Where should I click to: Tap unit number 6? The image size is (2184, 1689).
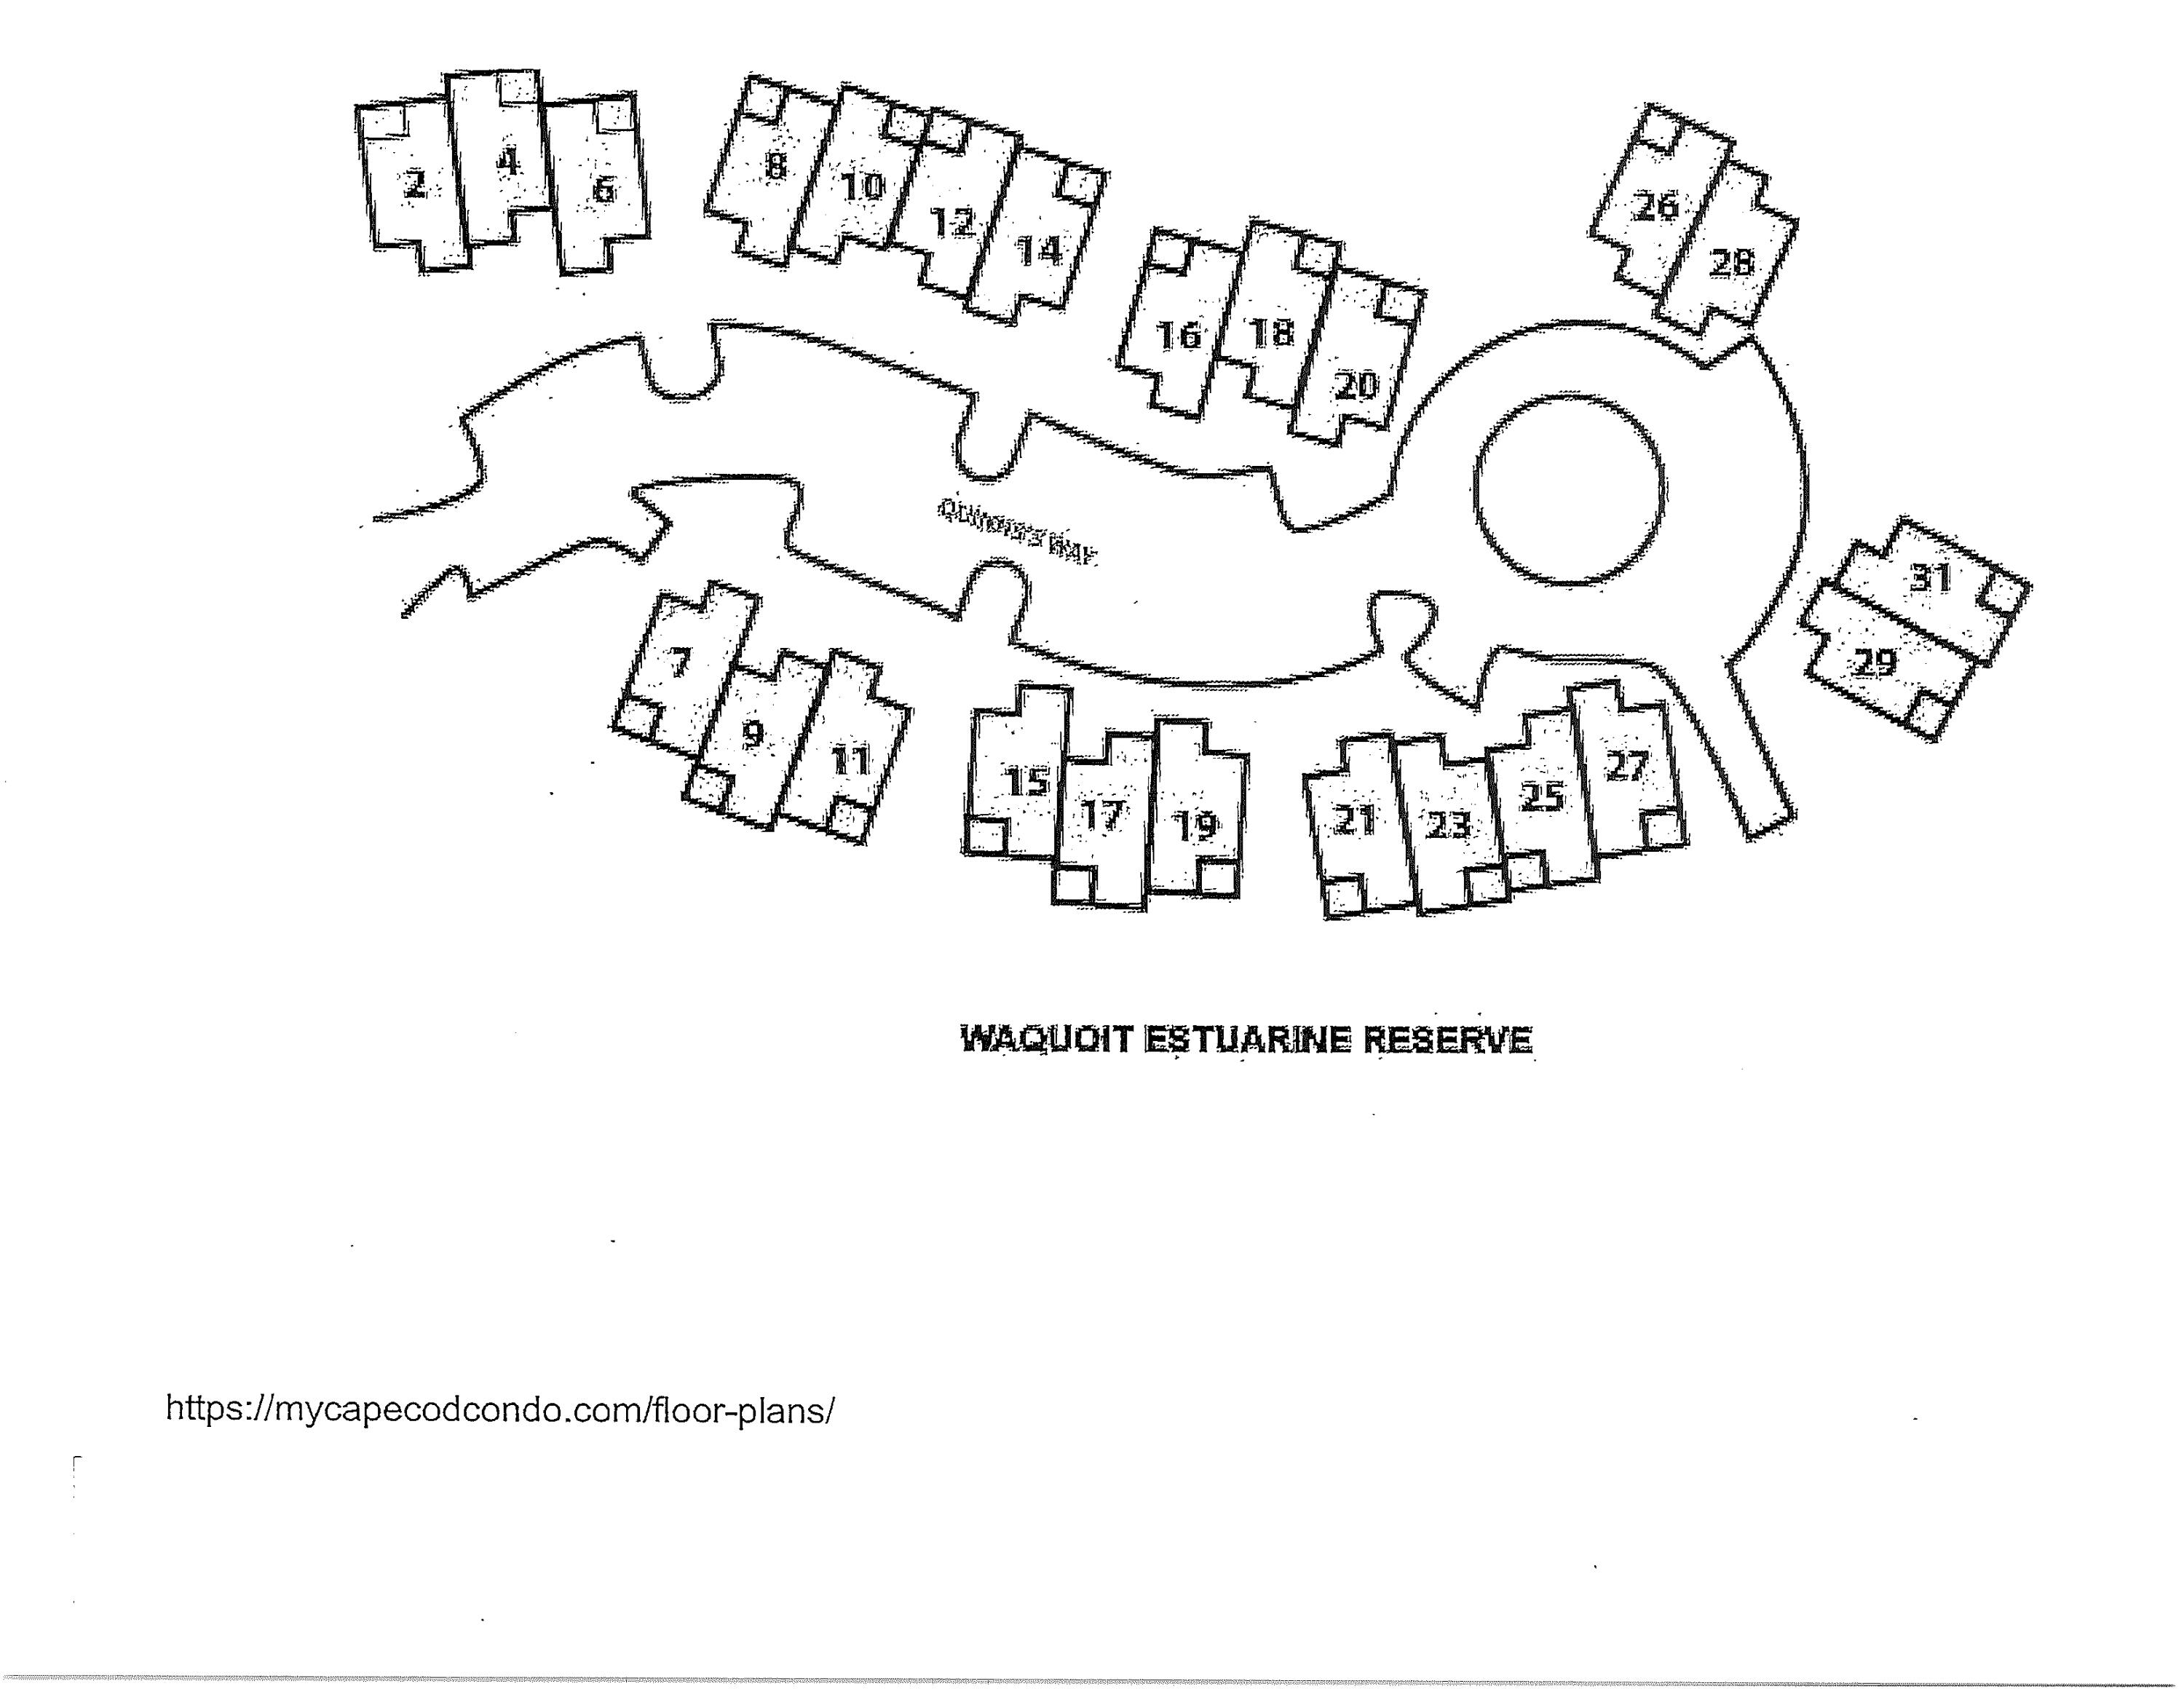coord(603,189)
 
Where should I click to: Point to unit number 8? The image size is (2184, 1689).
coord(776,165)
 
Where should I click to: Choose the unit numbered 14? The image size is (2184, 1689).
coord(1039,249)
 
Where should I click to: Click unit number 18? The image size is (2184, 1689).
coord(1271,332)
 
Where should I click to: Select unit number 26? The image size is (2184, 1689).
coord(1655,206)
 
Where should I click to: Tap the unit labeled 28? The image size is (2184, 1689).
coord(1731,262)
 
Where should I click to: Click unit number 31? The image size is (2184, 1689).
coord(1930,578)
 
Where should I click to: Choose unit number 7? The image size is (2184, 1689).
coord(679,662)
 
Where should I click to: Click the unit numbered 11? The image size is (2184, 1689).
coord(851,762)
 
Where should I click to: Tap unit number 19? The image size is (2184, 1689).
coord(1195,826)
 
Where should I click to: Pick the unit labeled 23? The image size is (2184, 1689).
coord(1447,825)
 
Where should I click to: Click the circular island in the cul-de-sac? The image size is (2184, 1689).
coord(1569,489)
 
